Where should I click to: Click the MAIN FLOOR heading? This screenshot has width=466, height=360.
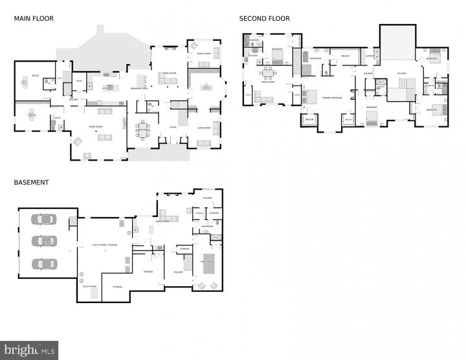(34, 19)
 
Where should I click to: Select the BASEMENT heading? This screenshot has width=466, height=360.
(31, 183)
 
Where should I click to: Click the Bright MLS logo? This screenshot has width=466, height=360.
(30, 350)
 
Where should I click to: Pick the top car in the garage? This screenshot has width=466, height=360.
(44, 219)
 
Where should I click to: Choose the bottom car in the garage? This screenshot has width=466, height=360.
(44, 264)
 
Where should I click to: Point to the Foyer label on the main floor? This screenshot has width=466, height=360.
(173, 127)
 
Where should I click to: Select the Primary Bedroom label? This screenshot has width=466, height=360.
(332, 97)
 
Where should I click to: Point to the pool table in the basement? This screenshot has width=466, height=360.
(208, 265)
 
